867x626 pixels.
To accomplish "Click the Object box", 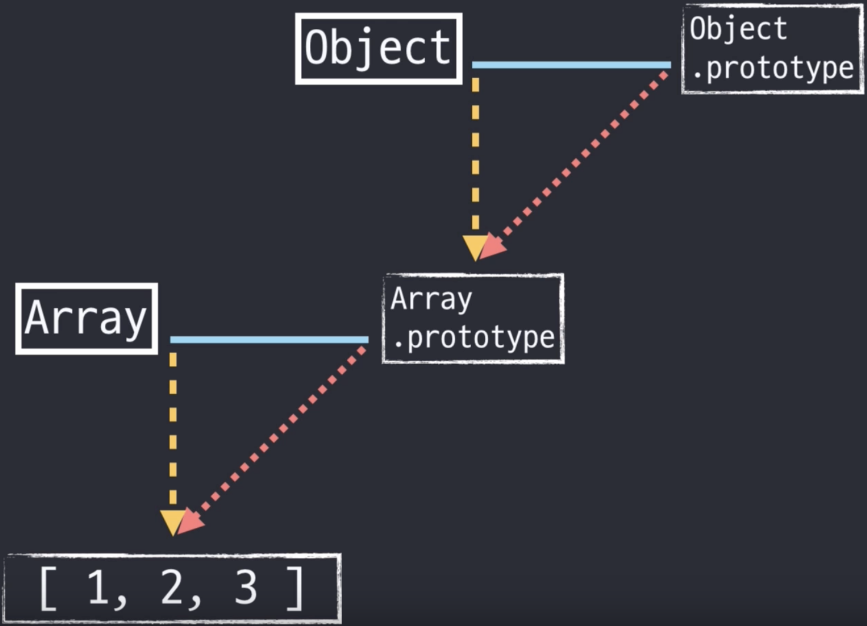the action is (378, 48).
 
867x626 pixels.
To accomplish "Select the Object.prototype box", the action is (772, 49).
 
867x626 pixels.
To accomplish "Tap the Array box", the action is (87, 318).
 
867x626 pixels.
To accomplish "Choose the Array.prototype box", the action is (473, 318).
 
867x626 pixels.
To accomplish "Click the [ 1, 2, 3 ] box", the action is (173, 588).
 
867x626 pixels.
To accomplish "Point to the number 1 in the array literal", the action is (98, 587).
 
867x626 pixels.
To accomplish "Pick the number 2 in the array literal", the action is (172, 587).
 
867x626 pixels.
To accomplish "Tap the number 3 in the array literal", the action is (246, 587).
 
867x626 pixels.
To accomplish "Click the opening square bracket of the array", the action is (48, 588).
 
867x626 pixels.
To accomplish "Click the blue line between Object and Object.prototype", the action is (571, 65).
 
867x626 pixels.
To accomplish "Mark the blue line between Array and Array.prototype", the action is (269, 339).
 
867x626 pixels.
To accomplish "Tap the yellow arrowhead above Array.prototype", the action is (474, 247).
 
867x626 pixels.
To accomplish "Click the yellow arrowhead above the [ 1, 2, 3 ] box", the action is (172, 521).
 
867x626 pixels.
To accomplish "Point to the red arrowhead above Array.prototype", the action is (493, 248).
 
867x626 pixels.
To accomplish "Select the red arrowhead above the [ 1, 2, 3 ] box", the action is (191, 522).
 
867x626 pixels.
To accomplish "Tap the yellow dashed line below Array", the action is (173, 429).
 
